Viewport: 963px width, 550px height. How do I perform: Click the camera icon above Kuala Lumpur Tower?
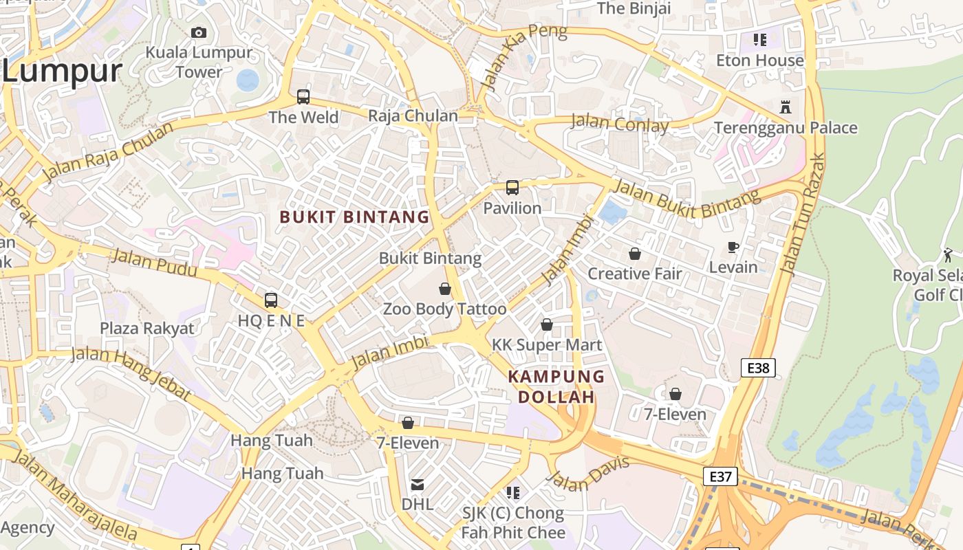tap(199, 32)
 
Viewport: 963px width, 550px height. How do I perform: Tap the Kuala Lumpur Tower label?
tap(199, 62)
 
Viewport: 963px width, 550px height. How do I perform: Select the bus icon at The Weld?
tap(303, 97)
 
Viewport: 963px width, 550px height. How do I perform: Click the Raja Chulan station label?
tap(413, 115)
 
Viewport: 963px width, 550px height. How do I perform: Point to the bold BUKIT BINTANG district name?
tap(354, 217)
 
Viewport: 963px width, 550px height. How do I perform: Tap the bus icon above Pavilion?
tap(512, 188)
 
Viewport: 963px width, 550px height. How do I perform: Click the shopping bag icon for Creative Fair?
tap(634, 254)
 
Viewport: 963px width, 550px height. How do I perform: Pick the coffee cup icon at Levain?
tap(733, 247)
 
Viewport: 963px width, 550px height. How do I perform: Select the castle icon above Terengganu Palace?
tap(785, 107)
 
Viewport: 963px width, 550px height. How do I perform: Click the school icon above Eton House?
tap(759, 40)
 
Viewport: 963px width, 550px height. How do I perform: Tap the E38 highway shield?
tap(758, 368)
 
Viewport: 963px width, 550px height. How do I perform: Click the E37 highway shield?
tap(720, 476)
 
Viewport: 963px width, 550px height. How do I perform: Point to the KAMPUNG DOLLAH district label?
tap(556, 386)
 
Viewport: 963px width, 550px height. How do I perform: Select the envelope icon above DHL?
tap(418, 485)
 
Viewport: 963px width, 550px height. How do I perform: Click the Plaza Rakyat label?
tap(147, 328)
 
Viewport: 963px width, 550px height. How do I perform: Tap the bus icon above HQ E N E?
tap(271, 300)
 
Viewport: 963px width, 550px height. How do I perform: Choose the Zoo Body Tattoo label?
tap(444, 309)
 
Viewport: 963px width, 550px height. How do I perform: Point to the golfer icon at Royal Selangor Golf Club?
tap(948, 254)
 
